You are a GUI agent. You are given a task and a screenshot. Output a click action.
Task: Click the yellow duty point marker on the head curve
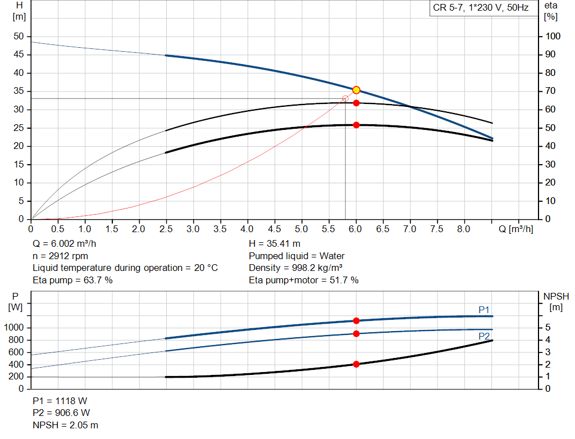(x=356, y=90)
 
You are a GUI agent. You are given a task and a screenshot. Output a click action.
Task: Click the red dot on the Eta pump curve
(x=356, y=103)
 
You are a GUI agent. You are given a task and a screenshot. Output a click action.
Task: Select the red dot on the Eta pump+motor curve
(x=356, y=125)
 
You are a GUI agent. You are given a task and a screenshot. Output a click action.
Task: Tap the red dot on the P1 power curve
(x=356, y=320)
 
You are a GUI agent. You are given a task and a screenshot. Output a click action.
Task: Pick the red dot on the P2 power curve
(x=356, y=334)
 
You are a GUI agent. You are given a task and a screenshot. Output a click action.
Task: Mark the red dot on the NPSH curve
(x=356, y=364)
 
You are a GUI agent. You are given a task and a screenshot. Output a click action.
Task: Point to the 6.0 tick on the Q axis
(x=356, y=229)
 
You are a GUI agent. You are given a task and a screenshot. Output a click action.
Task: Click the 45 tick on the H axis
(x=19, y=55)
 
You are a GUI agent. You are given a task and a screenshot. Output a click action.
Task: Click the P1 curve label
(x=484, y=310)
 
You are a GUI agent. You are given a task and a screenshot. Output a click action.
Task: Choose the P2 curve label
(x=484, y=336)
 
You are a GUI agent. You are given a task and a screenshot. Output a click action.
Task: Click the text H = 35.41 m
(x=275, y=244)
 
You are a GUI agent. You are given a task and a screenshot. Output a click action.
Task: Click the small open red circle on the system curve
(x=345, y=98)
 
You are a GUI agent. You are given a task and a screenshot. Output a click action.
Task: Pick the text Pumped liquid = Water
(x=296, y=256)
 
